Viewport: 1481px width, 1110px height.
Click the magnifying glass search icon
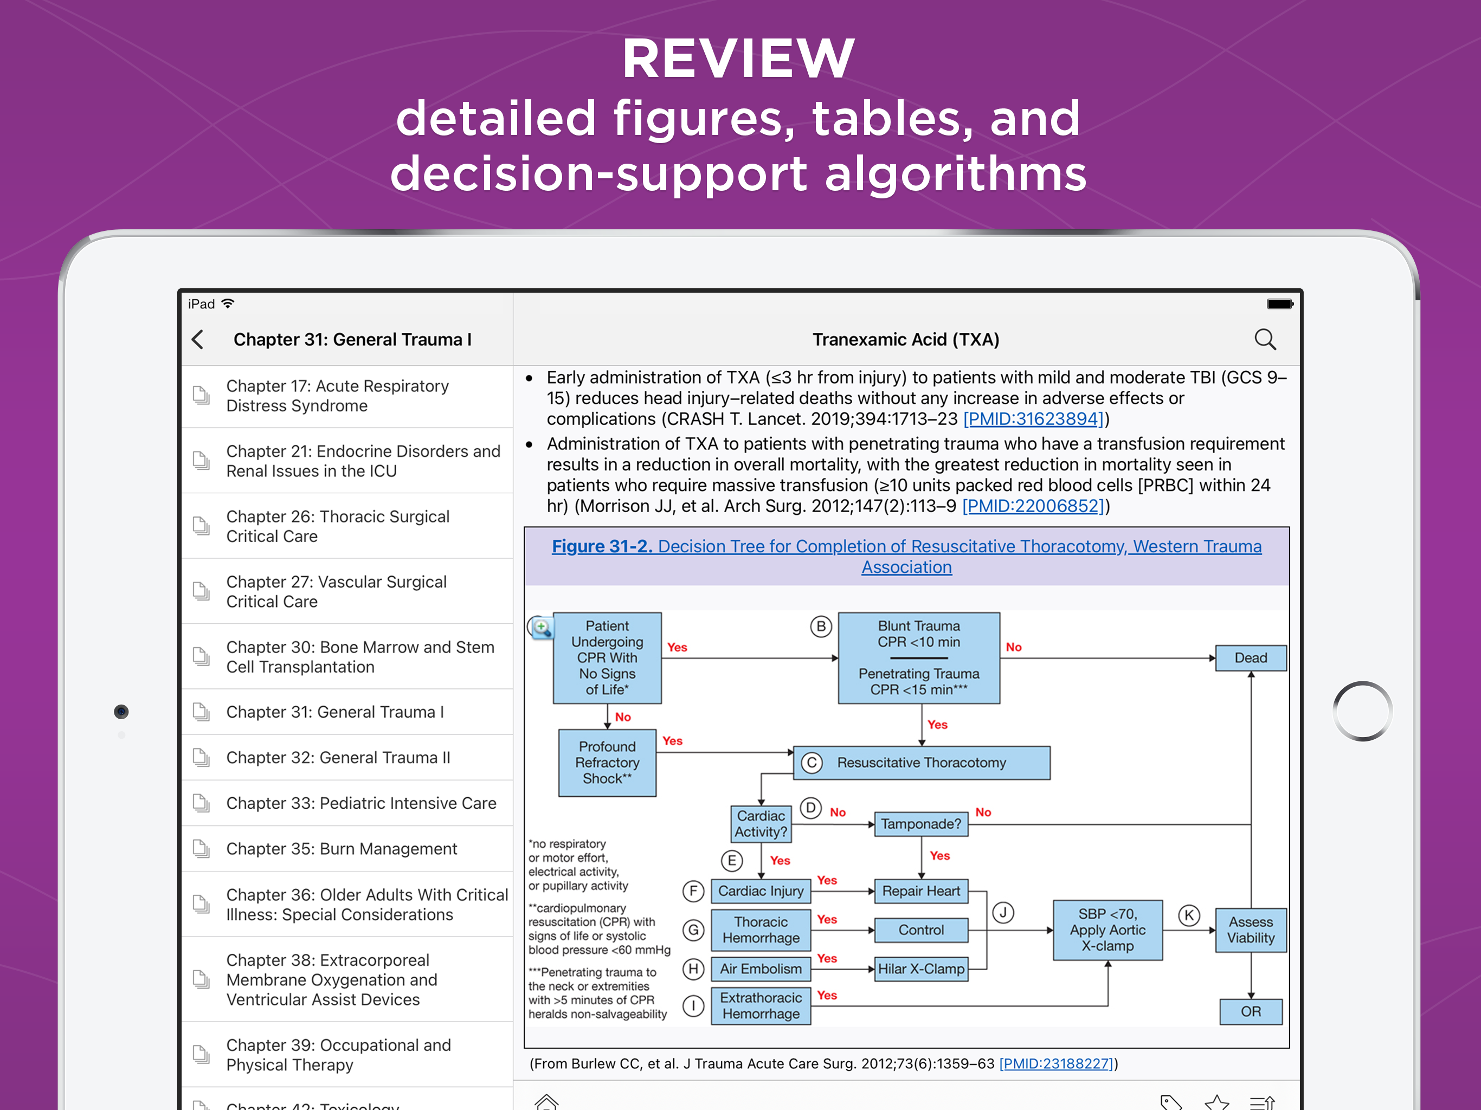pyautogui.click(x=1264, y=339)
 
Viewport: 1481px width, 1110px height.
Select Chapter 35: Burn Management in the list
pyautogui.click(x=342, y=849)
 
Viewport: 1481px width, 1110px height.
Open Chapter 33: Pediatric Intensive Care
pyautogui.click(x=361, y=803)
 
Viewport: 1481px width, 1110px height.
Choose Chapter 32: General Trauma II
pyautogui.click(x=338, y=758)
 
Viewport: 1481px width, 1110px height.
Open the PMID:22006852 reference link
pyautogui.click(x=1032, y=506)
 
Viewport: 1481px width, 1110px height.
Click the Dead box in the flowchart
pyautogui.click(x=1250, y=658)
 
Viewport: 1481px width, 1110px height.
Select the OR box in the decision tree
pyautogui.click(x=1250, y=1011)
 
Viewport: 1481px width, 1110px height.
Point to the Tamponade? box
pyautogui.click(x=920, y=824)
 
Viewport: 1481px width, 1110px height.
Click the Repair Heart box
pyautogui.click(x=920, y=891)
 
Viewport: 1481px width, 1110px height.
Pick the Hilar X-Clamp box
pyautogui.click(x=920, y=969)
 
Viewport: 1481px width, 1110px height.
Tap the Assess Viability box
pyautogui.click(x=1250, y=930)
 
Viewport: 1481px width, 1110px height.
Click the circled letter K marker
pyautogui.click(x=1189, y=915)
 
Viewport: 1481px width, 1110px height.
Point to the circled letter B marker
pyautogui.click(x=821, y=627)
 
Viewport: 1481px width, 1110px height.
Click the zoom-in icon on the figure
pyautogui.click(x=542, y=627)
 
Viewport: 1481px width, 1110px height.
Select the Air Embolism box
pyautogui.click(x=761, y=969)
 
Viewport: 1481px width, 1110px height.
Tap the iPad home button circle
pyautogui.click(x=1362, y=711)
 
